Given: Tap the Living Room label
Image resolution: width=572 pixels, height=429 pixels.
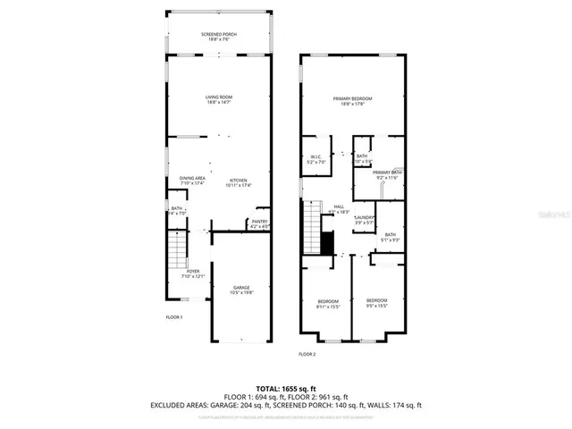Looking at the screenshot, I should click(x=218, y=100).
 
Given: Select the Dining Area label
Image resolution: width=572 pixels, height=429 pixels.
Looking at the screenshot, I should click(x=192, y=181).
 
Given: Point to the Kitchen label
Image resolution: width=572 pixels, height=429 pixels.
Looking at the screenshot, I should click(x=238, y=182).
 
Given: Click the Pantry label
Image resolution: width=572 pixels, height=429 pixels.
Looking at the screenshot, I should click(x=259, y=223).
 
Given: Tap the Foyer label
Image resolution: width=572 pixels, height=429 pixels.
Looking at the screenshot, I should click(x=194, y=273).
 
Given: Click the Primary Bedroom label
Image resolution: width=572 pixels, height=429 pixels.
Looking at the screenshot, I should click(x=352, y=101).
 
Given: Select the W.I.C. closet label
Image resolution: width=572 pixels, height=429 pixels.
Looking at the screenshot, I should click(x=315, y=160).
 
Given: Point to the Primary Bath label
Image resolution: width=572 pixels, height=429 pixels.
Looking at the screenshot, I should click(x=387, y=175).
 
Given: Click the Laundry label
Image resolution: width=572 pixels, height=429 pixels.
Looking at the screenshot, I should click(x=363, y=220).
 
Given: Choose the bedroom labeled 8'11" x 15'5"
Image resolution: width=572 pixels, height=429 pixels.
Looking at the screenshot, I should click(x=328, y=303).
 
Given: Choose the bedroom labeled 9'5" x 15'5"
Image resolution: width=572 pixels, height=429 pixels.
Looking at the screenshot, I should click(x=376, y=303).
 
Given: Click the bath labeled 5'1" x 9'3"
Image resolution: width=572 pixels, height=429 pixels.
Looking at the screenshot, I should click(x=391, y=238).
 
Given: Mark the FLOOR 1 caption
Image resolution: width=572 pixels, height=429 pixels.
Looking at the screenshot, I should click(x=174, y=317).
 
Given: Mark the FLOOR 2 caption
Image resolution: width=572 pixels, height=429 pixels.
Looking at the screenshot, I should click(x=307, y=355).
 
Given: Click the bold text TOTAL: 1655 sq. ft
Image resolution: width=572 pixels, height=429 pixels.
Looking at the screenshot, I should click(x=285, y=387).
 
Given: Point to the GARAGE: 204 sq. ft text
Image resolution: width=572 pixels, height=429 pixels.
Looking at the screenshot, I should click(x=239, y=405).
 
